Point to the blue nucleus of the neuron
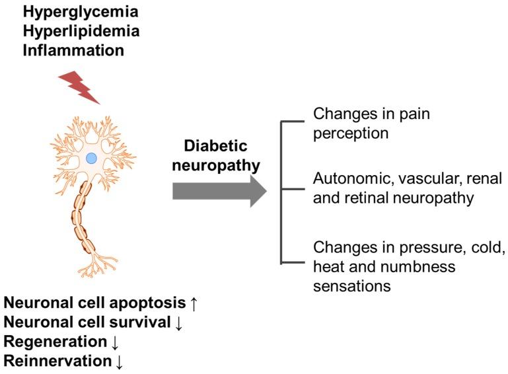pyautogui.click(x=92, y=158)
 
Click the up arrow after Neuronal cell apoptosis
pyautogui.click(x=194, y=303)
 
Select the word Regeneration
pyautogui.click(x=55, y=342)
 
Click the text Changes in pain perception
pyautogui.click(x=371, y=123)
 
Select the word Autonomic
pyautogui.click(x=345, y=178)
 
